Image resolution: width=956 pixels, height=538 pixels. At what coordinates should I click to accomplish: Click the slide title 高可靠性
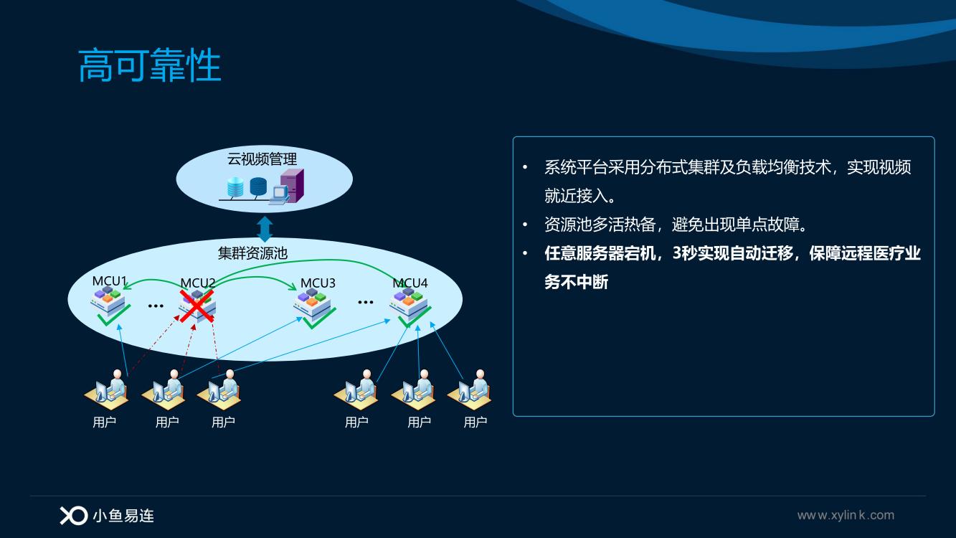(x=150, y=65)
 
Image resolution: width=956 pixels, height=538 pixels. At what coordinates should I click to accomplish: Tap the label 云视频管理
(x=262, y=159)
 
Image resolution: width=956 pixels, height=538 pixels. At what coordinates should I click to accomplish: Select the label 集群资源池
(x=252, y=253)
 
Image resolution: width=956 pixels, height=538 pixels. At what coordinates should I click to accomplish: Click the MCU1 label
(x=110, y=281)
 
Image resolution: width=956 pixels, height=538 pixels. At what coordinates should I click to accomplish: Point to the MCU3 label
(x=318, y=283)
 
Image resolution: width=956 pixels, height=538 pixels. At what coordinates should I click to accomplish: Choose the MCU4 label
(x=410, y=283)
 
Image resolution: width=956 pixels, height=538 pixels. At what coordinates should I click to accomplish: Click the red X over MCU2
(x=197, y=306)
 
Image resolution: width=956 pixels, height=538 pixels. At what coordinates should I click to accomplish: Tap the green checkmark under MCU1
(x=113, y=315)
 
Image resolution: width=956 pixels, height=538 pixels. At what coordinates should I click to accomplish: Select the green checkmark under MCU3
(x=319, y=318)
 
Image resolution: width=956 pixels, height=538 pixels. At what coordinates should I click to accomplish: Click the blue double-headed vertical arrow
(x=265, y=230)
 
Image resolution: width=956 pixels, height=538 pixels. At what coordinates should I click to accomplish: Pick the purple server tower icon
(x=293, y=184)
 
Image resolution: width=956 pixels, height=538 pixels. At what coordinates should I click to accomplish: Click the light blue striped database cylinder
(x=235, y=187)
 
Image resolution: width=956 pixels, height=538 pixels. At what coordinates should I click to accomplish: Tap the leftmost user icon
(x=107, y=390)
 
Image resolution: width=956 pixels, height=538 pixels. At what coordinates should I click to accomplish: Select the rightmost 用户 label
(x=475, y=423)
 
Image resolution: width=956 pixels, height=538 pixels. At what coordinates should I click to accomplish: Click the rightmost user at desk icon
(x=470, y=390)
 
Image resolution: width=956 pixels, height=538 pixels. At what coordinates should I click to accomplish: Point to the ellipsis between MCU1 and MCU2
(x=156, y=306)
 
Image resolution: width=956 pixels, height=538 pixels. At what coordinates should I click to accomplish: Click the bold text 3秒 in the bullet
(x=685, y=253)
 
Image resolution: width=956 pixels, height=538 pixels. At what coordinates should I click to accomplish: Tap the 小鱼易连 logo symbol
(x=74, y=516)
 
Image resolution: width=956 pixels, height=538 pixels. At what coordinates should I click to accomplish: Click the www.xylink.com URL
(x=846, y=515)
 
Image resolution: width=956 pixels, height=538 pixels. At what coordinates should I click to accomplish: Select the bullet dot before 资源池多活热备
(x=525, y=225)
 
